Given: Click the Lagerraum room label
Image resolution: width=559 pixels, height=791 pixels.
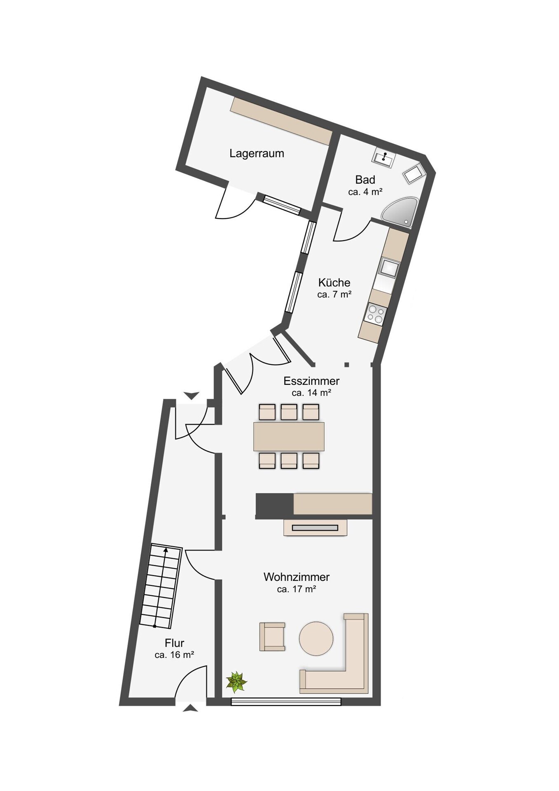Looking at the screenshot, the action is click(x=257, y=153).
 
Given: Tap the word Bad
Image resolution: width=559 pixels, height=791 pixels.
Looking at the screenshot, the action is click(x=365, y=180).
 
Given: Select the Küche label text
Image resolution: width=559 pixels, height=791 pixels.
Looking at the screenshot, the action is click(x=334, y=283).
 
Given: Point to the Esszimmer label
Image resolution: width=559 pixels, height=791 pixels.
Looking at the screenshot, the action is click(x=311, y=381).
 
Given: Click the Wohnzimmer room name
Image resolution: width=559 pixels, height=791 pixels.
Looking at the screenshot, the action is click(x=297, y=577).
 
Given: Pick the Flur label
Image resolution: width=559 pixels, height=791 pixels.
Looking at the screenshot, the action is click(x=174, y=643).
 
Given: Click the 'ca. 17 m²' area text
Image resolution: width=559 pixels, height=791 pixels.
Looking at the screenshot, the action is click(x=297, y=589).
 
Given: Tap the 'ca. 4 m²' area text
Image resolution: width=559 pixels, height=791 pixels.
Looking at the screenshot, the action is click(x=365, y=192).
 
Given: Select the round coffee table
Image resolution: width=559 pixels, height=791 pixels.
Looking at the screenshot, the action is click(x=316, y=639).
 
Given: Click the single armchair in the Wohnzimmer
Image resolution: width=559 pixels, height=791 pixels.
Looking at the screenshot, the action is click(x=272, y=637).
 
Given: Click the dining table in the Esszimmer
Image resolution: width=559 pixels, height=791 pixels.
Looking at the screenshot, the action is click(x=289, y=436).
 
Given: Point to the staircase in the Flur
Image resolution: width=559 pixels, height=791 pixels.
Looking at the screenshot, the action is click(x=161, y=586).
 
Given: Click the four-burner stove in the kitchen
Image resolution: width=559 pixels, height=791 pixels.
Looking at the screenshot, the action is click(x=375, y=314).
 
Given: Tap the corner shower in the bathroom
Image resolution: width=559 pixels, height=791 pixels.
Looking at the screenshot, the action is click(x=400, y=212).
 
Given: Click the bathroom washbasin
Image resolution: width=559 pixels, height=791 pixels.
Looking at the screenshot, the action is click(x=384, y=158).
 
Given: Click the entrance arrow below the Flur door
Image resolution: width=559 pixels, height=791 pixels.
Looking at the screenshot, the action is click(x=190, y=708).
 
